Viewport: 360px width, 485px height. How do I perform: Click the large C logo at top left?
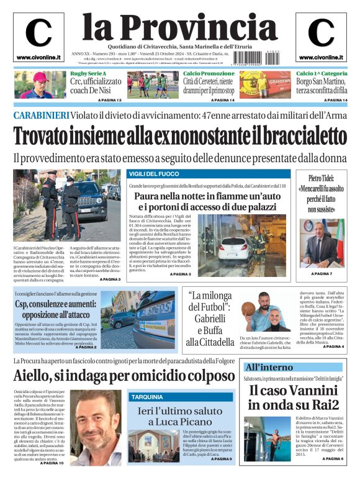pos(38,34)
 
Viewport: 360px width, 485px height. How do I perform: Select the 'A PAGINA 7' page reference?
pos(322,273)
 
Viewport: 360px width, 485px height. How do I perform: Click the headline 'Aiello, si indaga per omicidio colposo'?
pos(124,376)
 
